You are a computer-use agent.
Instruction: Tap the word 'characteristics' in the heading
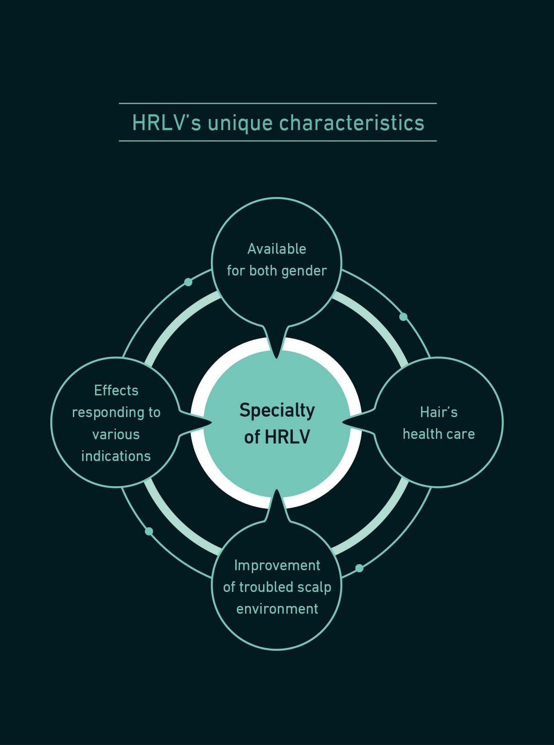pyautogui.click(x=352, y=123)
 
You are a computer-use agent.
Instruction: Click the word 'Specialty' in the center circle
pyautogui.click(x=277, y=411)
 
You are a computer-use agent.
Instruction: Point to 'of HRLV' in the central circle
pyautogui.click(x=277, y=437)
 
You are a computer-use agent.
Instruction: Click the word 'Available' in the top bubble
pyautogui.click(x=277, y=249)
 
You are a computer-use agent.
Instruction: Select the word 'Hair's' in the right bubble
pyautogui.click(x=439, y=412)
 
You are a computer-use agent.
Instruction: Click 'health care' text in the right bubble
pyautogui.click(x=439, y=434)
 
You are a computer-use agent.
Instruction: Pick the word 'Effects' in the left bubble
pyautogui.click(x=116, y=390)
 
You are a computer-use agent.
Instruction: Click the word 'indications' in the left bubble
pyautogui.click(x=116, y=456)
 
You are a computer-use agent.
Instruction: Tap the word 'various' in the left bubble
pyautogui.click(x=116, y=435)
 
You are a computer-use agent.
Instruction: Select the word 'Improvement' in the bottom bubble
pyautogui.click(x=277, y=566)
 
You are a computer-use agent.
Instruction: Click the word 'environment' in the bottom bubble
pyautogui.click(x=277, y=609)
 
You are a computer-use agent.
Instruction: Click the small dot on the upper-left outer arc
pyautogui.click(x=188, y=282)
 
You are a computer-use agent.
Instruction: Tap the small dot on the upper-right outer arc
pyautogui.click(x=403, y=317)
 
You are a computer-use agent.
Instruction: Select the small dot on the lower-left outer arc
pyautogui.click(x=149, y=531)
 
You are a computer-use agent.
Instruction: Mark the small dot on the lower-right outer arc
pyautogui.click(x=359, y=568)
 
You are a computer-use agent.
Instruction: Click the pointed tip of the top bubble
pyautogui.click(x=277, y=358)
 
